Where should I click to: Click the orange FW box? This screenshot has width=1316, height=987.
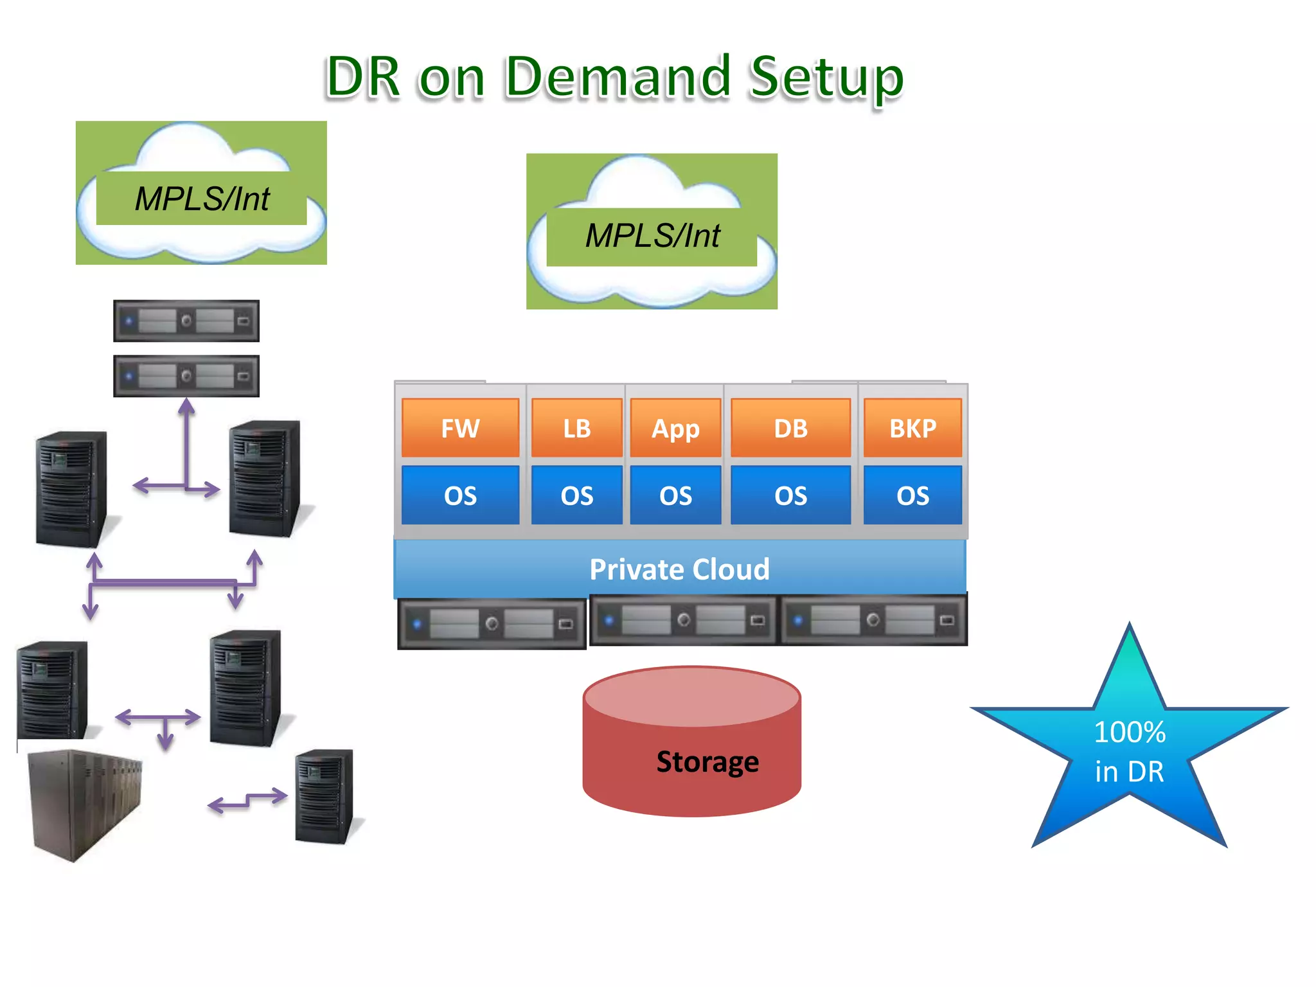click(x=460, y=428)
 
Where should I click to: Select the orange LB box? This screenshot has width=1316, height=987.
click(x=576, y=428)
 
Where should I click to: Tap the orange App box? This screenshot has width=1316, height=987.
click(x=675, y=428)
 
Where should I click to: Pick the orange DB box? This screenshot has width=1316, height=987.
click(x=790, y=428)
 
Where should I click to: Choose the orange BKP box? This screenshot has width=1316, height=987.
click(x=912, y=428)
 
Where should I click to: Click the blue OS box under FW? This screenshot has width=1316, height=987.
click(x=460, y=495)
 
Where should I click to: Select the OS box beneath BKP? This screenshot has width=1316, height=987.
click(x=912, y=495)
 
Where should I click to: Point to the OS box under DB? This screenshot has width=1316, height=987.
click(x=790, y=495)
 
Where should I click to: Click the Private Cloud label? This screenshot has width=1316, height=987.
click(x=679, y=569)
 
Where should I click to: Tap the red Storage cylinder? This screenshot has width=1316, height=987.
click(x=692, y=745)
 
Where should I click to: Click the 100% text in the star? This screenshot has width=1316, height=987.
click(x=1130, y=732)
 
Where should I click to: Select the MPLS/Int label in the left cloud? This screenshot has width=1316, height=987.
click(x=202, y=199)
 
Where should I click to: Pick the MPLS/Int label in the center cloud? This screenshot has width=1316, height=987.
click(x=652, y=236)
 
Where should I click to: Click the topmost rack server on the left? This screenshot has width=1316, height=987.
click(x=186, y=321)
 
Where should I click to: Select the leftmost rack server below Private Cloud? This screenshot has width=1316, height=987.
click(x=492, y=623)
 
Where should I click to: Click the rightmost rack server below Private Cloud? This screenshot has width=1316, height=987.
click(x=873, y=620)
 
